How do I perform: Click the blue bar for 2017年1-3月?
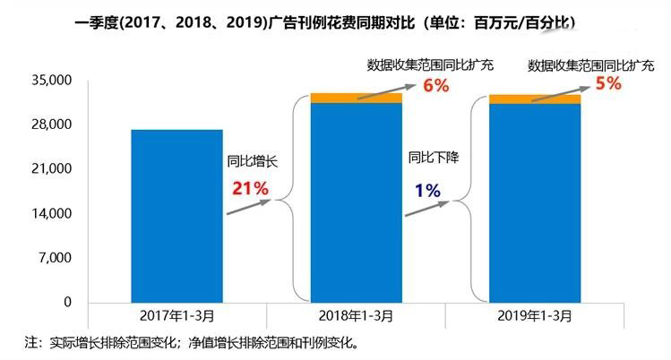point(176,216)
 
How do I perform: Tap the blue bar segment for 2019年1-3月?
point(535,203)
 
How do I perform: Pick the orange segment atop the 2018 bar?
point(356,98)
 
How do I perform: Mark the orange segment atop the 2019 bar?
point(535,99)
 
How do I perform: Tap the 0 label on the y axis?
point(66,303)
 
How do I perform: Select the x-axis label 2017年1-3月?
point(176,318)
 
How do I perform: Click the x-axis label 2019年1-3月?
point(535,318)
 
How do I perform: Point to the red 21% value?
point(250,188)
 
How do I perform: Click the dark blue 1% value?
point(426,190)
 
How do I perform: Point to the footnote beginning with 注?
point(193,342)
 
